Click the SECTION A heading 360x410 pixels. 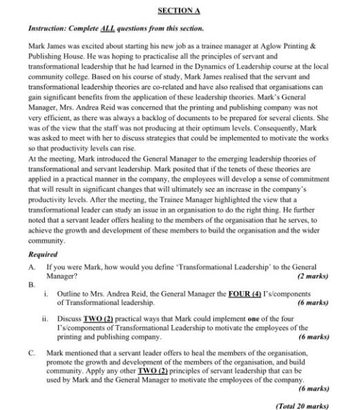(178, 11)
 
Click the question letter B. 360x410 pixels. (31, 284)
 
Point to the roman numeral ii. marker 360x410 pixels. (44, 319)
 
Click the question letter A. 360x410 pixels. (31, 266)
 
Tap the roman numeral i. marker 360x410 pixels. (46, 294)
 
